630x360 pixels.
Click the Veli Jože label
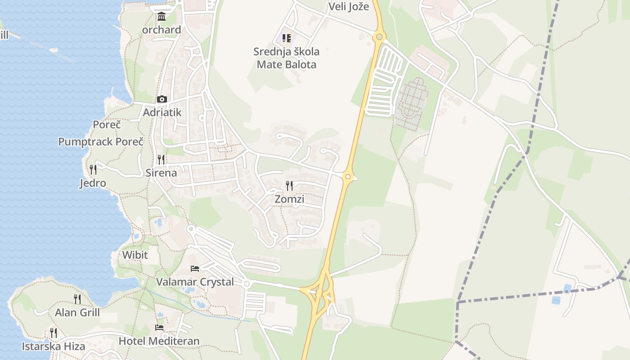349,6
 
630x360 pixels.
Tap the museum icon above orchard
162,17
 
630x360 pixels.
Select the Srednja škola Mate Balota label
286,58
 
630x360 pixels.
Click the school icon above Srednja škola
287,38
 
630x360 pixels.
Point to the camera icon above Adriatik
162,99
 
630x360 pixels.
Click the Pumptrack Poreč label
101,142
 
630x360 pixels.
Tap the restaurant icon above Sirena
161,159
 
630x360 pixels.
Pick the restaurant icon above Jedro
93,170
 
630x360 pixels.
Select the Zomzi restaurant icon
290,185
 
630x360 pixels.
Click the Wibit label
135,255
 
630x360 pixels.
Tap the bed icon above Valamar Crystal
195,269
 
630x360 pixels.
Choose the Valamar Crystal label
195,282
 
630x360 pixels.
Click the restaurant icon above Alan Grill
77,299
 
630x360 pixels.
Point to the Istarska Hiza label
54,346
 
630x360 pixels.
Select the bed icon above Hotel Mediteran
159,328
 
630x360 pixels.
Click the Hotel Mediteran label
159,341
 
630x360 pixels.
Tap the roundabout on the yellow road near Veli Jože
379,36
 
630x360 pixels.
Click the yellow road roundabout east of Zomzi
347,177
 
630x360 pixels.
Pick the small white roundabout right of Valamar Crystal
246,284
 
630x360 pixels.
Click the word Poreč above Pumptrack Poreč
107,125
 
